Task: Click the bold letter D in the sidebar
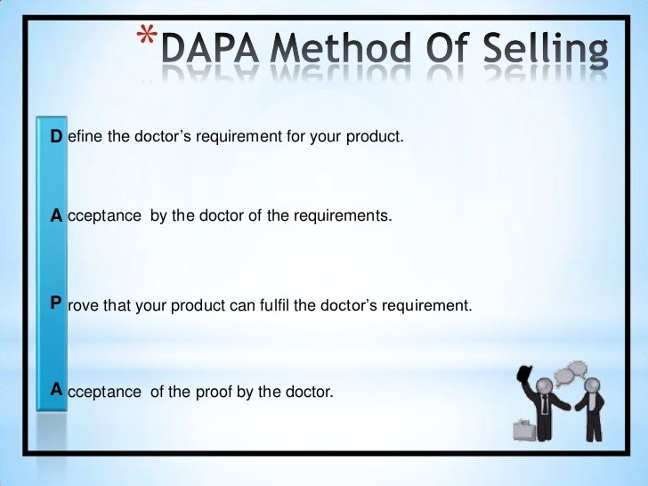pos(56,137)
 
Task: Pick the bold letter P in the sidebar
pos(56,304)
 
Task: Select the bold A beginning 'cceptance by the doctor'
pos(56,215)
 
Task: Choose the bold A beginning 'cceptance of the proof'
pos(56,388)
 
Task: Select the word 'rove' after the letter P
pos(83,306)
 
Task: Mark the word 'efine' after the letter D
pos(84,138)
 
